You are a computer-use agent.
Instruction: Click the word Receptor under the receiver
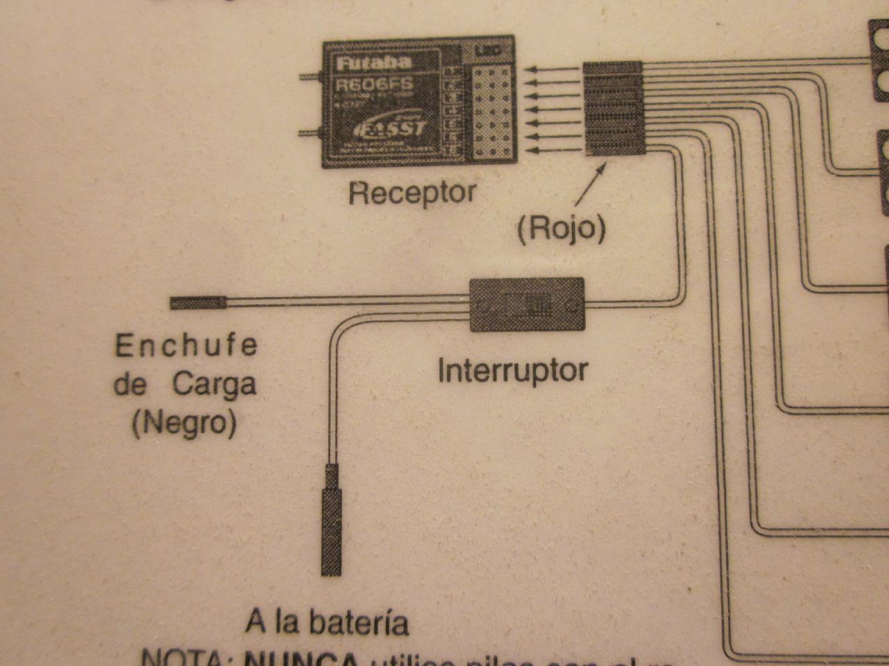pyautogui.click(x=413, y=192)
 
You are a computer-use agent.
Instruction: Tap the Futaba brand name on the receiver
pyautogui.click(x=374, y=63)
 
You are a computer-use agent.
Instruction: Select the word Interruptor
pyautogui.click(x=513, y=370)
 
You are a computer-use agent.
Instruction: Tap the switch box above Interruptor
pyautogui.click(x=527, y=305)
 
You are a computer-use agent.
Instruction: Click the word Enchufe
pyautogui.click(x=186, y=345)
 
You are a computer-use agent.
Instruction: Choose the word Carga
pyautogui.click(x=214, y=384)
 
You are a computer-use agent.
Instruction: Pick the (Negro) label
pyautogui.click(x=184, y=422)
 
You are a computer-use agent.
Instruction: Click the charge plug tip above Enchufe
pyautogui.click(x=198, y=302)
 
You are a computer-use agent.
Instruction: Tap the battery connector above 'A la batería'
pyautogui.click(x=331, y=520)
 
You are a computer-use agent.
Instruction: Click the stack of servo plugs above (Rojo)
pyautogui.click(x=612, y=108)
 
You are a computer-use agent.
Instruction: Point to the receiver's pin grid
pyautogui.click(x=491, y=111)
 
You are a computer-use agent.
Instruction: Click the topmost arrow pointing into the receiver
pyautogui.click(x=552, y=69)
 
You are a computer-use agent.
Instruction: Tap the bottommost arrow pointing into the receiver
pyautogui.click(x=552, y=150)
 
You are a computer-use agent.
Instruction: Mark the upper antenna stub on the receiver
pyautogui.click(x=310, y=76)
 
